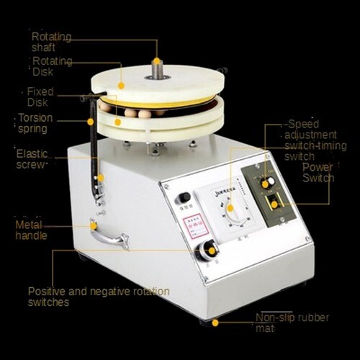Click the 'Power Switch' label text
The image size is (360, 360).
pyautogui.click(x=318, y=172)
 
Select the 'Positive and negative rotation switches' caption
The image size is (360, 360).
pyautogui.click(x=99, y=297)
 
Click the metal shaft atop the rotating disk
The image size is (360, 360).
pyautogui.click(x=156, y=69)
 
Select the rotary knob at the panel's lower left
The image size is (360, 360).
pyautogui.click(x=210, y=250)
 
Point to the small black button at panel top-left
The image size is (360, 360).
pyautogui.click(x=184, y=197)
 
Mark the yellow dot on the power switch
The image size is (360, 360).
pyautogui.click(x=274, y=204)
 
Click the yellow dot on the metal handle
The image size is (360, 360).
pyautogui.click(x=94, y=226)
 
